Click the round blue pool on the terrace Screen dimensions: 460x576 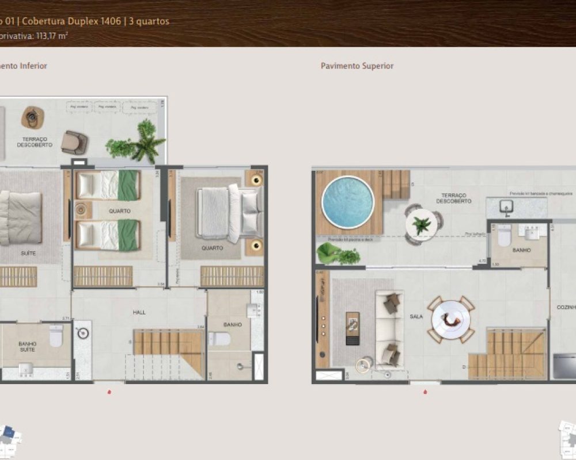[x=348, y=202]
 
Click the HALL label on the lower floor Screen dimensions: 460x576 [x=139, y=312]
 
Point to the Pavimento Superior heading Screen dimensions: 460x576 [x=357, y=66]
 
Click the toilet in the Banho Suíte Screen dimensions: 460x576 [x=56, y=336]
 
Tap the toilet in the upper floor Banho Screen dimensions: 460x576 [x=504, y=234]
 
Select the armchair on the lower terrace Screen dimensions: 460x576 [x=74, y=142]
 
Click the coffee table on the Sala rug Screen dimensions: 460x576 [x=353, y=328]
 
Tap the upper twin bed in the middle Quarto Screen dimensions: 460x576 [x=108, y=185]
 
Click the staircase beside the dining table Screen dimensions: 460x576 [x=507, y=353]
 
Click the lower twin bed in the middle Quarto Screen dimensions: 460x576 [x=108, y=236]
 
